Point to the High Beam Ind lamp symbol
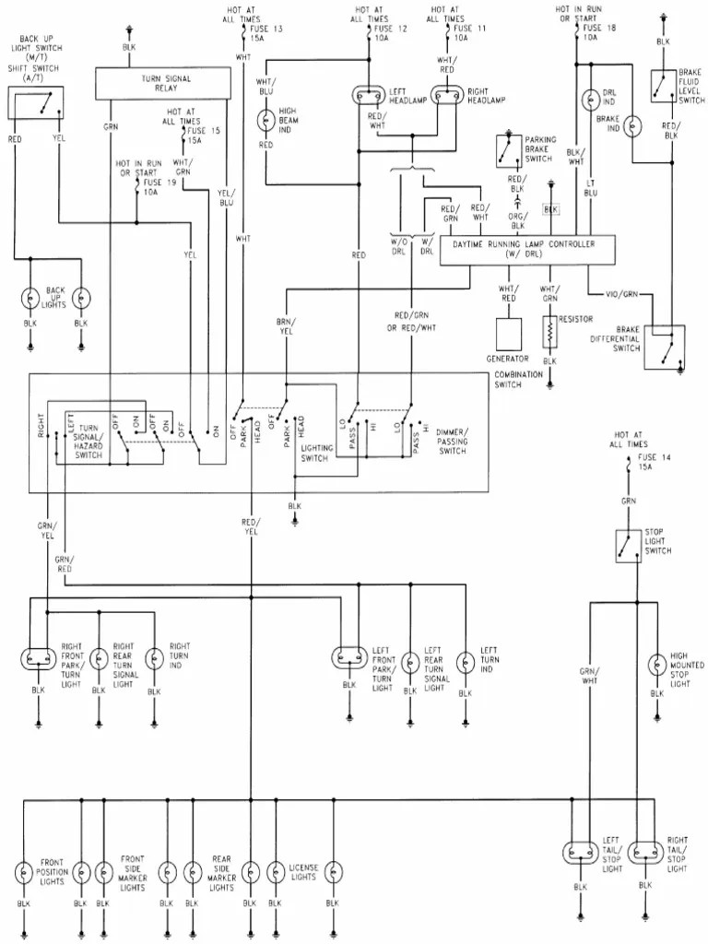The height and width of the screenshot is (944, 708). (265, 119)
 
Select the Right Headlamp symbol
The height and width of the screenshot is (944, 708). (449, 95)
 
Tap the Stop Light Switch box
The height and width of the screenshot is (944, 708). (630, 546)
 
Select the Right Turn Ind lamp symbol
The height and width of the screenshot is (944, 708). (155, 659)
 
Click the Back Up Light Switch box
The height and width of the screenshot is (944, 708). (35, 103)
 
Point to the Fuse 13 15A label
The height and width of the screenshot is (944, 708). (265, 35)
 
